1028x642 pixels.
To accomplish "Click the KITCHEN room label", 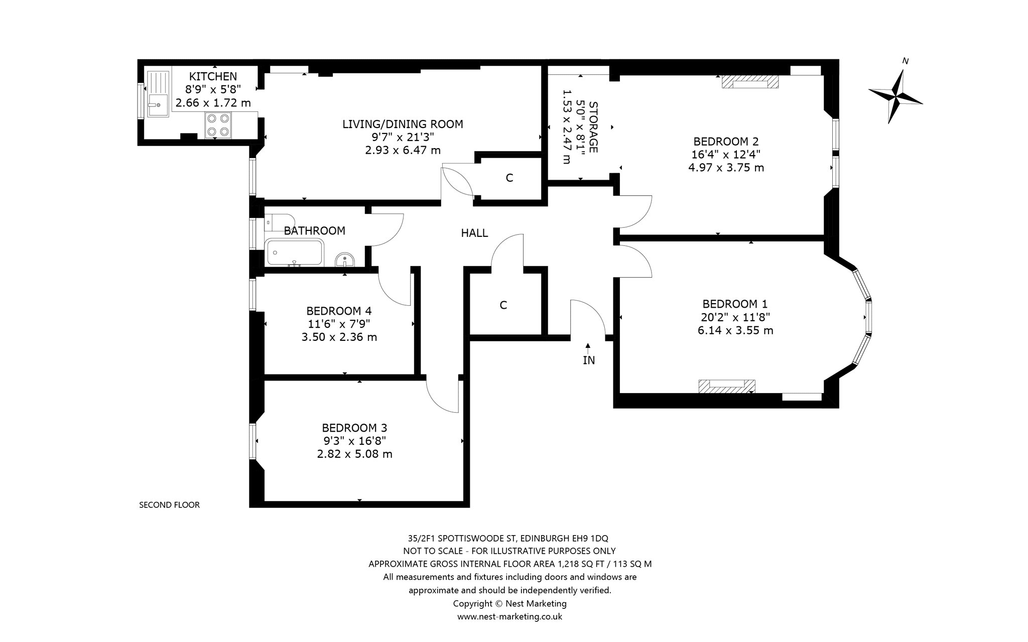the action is coord(213,77).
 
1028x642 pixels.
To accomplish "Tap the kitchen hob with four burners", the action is coord(218,125).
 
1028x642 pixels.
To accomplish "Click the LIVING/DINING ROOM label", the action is coord(403,124).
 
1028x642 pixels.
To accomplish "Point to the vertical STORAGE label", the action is coord(593,127).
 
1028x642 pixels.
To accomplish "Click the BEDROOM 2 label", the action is coord(726,141).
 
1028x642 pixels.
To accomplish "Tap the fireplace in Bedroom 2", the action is coord(750,82).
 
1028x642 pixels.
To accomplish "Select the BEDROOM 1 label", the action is coord(735,304).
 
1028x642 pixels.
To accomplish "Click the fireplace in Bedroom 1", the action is coord(727,386).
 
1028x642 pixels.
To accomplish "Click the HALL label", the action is coord(474,233).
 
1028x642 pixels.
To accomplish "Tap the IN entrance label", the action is coord(589,360).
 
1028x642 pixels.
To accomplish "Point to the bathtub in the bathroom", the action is coord(295,252).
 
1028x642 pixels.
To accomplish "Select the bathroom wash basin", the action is coord(344,260).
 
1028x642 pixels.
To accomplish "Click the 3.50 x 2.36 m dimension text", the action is coord(339,337).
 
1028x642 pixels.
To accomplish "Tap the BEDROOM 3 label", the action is coord(354,428).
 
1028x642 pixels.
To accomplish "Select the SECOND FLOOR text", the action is coord(169,505).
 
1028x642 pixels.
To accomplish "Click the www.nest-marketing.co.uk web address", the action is coord(509,617).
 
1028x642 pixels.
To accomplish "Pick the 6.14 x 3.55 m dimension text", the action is coord(735,330).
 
